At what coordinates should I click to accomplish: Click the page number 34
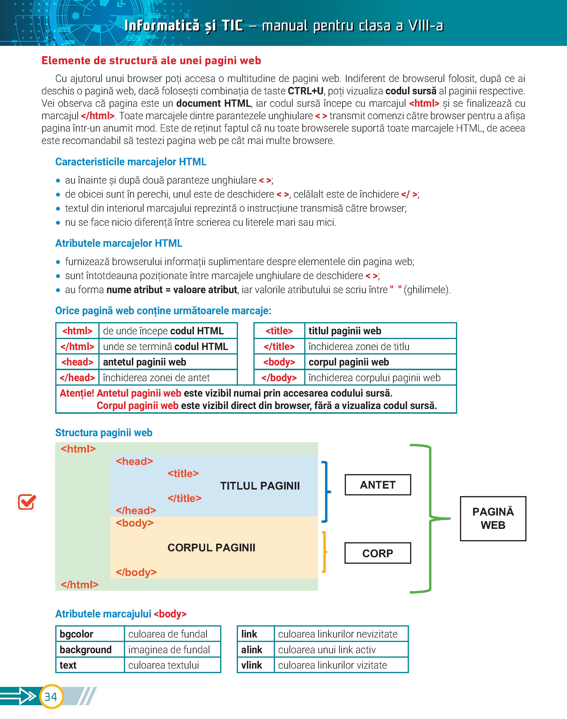click(51, 697)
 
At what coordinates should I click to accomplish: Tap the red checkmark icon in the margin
click(26, 502)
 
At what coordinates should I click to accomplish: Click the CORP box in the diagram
click(378, 553)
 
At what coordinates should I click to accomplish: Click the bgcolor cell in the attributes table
click(76, 634)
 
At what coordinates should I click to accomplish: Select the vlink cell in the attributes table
click(252, 665)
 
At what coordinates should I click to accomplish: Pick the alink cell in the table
click(252, 650)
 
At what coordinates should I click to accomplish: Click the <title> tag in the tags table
click(279, 331)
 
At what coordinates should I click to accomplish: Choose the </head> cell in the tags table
click(77, 378)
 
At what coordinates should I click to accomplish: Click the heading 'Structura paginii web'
click(104, 433)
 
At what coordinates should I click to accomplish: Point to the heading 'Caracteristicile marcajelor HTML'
click(130, 162)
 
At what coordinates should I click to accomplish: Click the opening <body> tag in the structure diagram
click(134, 523)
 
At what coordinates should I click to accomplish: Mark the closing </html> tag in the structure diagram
click(79, 585)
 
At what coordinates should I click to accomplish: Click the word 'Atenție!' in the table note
click(77, 393)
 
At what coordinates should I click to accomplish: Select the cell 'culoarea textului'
click(164, 665)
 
